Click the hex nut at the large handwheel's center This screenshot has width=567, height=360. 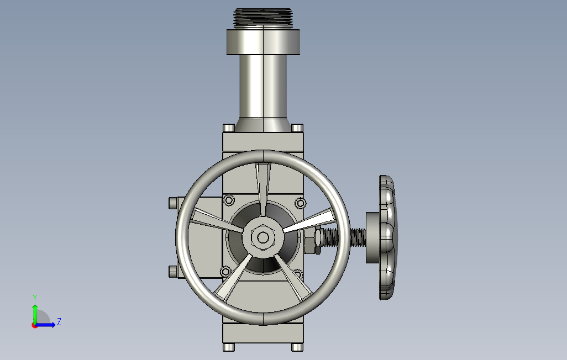263,237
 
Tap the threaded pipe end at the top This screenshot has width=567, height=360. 263,18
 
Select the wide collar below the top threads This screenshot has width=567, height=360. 263,42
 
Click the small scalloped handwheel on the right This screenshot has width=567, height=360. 387,237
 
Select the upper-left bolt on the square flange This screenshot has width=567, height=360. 229,200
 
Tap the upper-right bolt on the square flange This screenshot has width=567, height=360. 300,203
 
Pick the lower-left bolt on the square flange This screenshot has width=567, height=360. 225,271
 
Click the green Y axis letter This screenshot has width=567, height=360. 35,298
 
